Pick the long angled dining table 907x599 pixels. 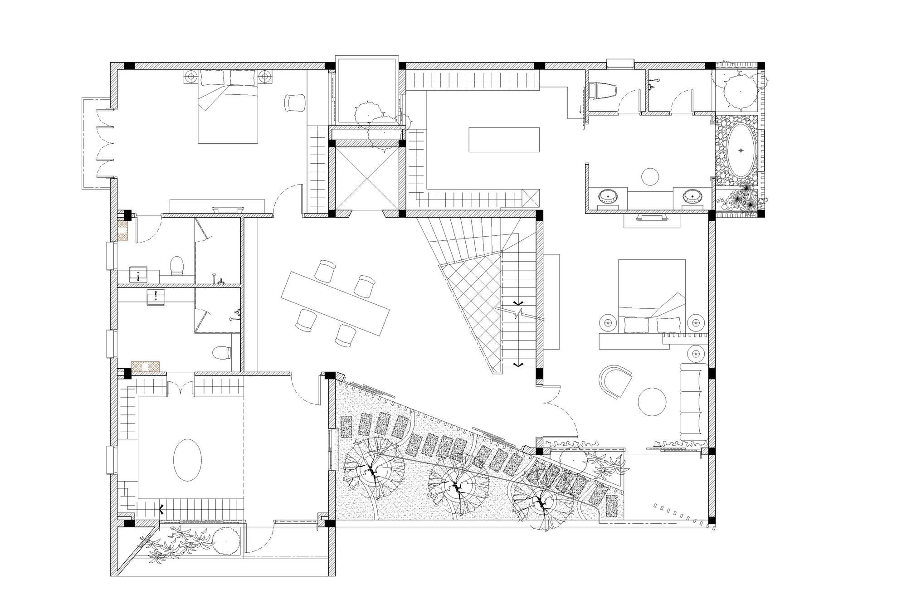(x=336, y=303)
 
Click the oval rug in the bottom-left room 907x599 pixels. (x=187, y=459)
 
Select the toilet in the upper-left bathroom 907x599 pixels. (x=176, y=266)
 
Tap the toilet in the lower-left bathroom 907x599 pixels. (x=222, y=352)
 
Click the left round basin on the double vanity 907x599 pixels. (x=608, y=197)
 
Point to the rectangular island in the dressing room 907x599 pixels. (x=504, y=140)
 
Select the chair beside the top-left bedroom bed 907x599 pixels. (x=295, y=102)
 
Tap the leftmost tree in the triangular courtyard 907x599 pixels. (x=373, y=472)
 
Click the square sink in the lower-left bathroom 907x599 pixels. (x=156, y=297)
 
